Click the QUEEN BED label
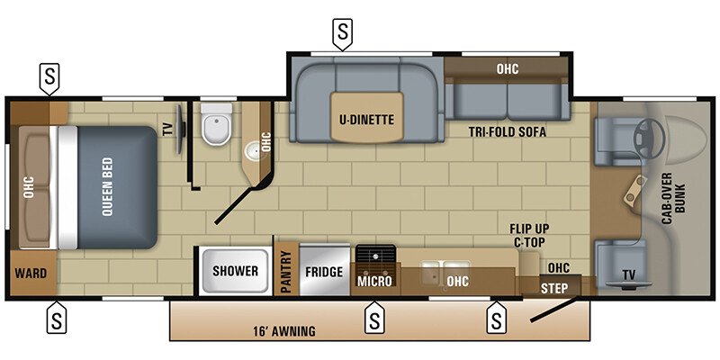coord(106,187)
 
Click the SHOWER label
coord(236,271)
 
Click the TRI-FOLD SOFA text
coord(508,131)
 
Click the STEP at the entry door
coord(554,287)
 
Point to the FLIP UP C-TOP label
coord(529,235)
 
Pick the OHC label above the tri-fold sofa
coord(508,68)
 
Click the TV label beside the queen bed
coord(167,128)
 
